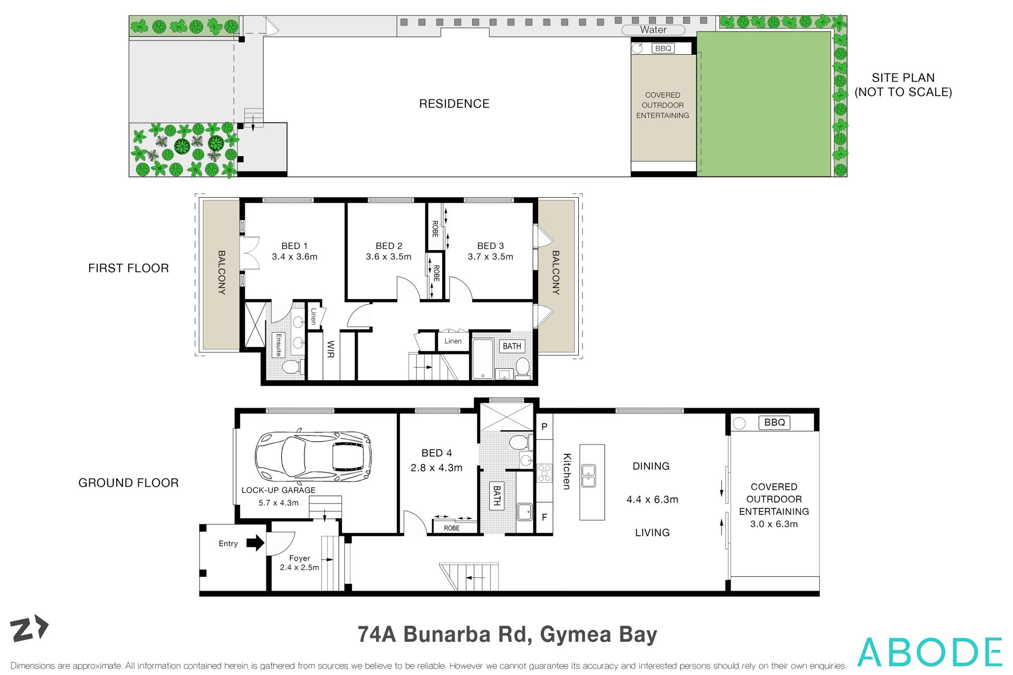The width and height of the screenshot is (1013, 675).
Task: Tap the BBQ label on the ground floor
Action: (774, 422)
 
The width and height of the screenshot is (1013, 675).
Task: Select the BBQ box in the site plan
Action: (663, 49)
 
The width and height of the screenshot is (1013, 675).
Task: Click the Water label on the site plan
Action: (653, 30)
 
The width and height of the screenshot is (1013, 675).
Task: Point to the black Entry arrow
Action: (255, 543)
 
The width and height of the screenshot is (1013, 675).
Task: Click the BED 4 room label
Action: (436, 453)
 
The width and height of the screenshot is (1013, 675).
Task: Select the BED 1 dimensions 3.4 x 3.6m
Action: (294, 257)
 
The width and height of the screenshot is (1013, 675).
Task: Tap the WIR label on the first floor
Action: (331, 349)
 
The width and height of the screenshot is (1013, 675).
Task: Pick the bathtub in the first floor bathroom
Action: (482, 359)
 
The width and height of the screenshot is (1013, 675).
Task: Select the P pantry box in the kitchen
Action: (544, 427)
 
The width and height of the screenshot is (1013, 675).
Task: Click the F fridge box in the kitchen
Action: (544, 517)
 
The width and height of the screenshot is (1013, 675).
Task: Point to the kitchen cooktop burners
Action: (544, 473)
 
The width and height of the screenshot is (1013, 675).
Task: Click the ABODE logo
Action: (930, 652)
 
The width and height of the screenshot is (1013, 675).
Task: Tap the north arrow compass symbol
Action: (30, 628)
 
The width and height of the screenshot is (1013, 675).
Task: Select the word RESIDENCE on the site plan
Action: (454, 104)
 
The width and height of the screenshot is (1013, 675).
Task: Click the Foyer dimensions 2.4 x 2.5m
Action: (299, 567)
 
